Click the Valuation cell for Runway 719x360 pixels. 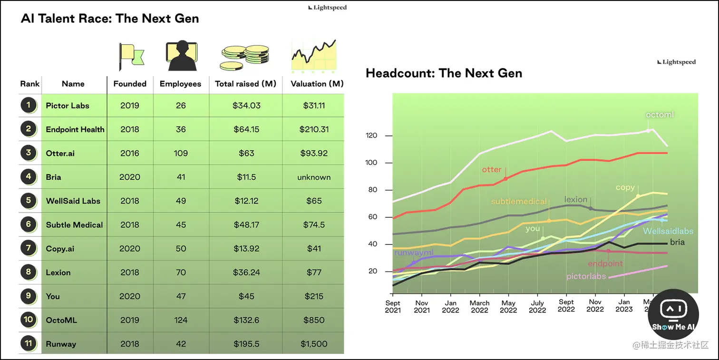point(314,344)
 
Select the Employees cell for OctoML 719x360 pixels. point(181,320)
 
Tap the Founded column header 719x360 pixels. point(130,84)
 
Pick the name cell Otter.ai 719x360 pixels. point(61,153)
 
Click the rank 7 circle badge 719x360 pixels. point(29,248)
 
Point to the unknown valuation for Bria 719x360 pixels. point(314,177)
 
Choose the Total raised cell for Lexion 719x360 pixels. point(246,272)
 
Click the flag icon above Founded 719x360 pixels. point(131,56)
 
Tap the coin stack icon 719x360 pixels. point(245,58)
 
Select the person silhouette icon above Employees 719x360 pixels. point(181,56)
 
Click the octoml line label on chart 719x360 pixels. point(660,115)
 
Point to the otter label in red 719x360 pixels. point(492,170)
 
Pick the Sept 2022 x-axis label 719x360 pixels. point(566,306)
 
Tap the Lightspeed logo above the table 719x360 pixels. point(328,8)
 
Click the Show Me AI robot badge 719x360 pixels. point(673,314)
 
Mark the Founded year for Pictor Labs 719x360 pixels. point(130,106)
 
